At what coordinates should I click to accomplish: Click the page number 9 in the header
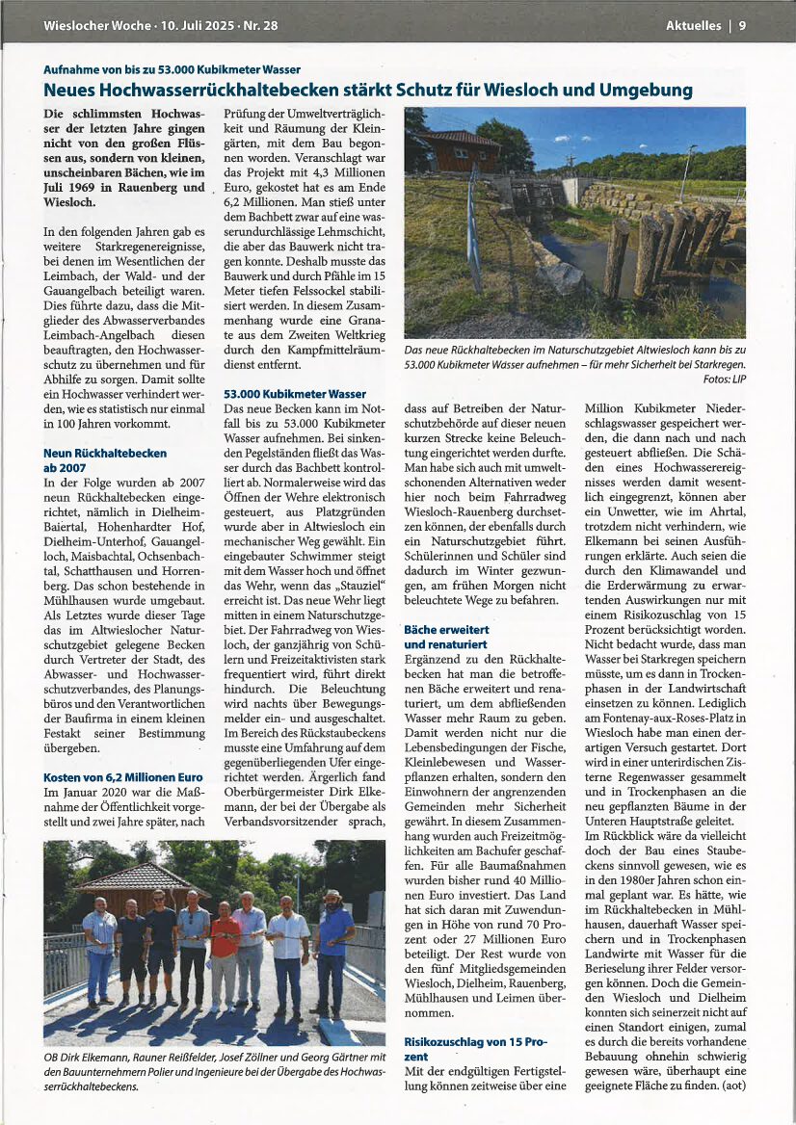point(743,26)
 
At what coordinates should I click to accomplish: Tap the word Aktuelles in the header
point(692,26)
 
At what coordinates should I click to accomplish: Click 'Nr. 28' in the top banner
point(260,26)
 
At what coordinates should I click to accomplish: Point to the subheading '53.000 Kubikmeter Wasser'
point(294,394)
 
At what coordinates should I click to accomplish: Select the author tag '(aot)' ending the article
point(730,1085)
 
